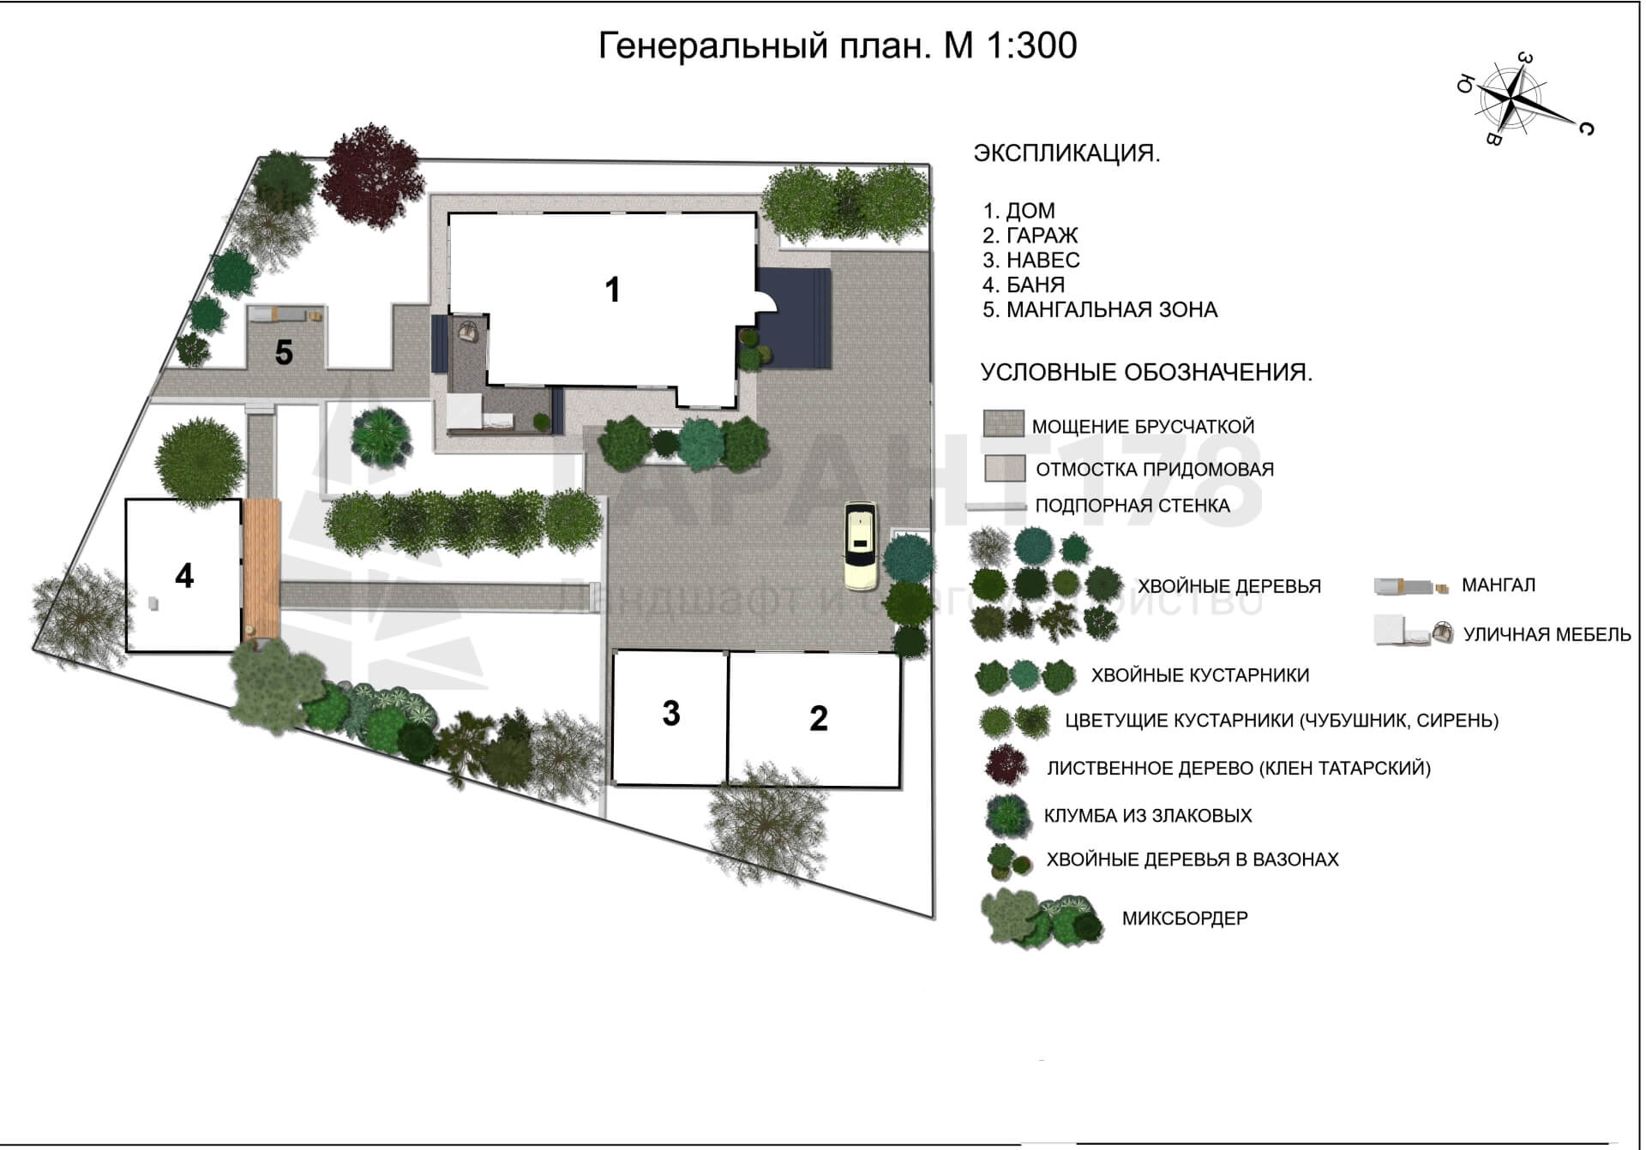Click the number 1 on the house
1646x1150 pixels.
point(612,290)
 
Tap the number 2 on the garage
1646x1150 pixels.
point(819,718)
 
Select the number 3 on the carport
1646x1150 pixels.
point(671,713)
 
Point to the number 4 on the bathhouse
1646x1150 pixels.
point(184,576)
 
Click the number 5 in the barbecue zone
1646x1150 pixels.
point(284,352)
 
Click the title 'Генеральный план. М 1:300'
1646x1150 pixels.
point(837,45)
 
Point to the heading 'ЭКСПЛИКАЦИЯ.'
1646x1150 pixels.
point(1067,154)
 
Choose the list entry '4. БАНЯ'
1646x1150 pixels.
point(1024,285)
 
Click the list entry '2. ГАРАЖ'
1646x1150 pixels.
point(1030,235)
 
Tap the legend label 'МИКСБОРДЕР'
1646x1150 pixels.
point(1185,919)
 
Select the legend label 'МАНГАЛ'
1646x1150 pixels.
point(1499,585)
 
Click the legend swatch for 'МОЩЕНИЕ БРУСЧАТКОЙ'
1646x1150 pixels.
point(1003,423)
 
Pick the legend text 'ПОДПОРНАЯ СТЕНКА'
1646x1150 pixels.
point(1132,506)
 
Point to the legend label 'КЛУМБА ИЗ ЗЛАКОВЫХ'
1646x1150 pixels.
point(1148,816)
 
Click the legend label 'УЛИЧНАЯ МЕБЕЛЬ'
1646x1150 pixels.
point(1547,635)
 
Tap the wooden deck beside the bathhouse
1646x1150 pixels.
point(261,568)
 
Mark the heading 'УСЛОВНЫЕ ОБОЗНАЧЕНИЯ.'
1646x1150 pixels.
point(1146,373)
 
